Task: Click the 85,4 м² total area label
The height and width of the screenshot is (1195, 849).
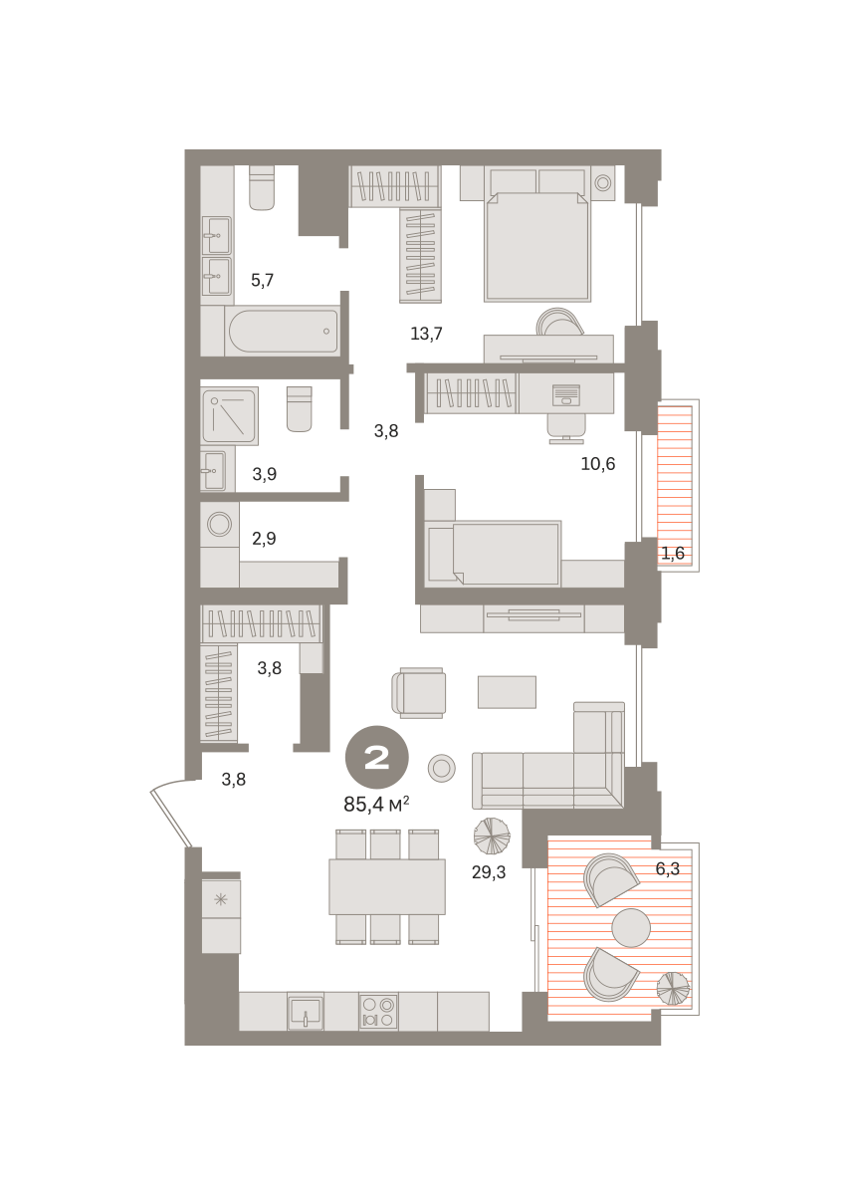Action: (x=376, y=804)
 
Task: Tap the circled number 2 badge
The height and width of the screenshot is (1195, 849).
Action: (x=377, y=757)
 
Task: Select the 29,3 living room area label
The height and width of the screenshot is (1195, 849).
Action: (x=489, y=872)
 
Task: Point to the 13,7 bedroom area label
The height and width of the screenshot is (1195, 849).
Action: (x=426, y=334)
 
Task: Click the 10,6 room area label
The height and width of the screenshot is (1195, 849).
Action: (x=598, y=464)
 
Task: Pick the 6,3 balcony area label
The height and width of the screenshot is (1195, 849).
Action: (x=667, y=869)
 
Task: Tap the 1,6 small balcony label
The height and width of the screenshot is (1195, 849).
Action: (x=673, y=554)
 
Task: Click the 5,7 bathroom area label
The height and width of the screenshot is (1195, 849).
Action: (x=262, y=280)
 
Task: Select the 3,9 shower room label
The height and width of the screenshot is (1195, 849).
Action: (x=265, y=474)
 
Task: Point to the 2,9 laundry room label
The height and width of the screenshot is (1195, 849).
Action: (x=264, y=539)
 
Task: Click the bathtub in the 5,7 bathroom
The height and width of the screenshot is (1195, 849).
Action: (x=283, y=332)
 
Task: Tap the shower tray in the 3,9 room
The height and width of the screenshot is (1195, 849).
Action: (x=230, y=416)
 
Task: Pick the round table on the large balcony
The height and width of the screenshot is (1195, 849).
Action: (x=631, y=928)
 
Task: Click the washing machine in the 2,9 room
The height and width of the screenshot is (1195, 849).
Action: (x=219, y=525)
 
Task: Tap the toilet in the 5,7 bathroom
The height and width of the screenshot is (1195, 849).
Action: (x=262, y=188)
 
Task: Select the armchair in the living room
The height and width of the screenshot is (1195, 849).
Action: (x=419, y=693)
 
